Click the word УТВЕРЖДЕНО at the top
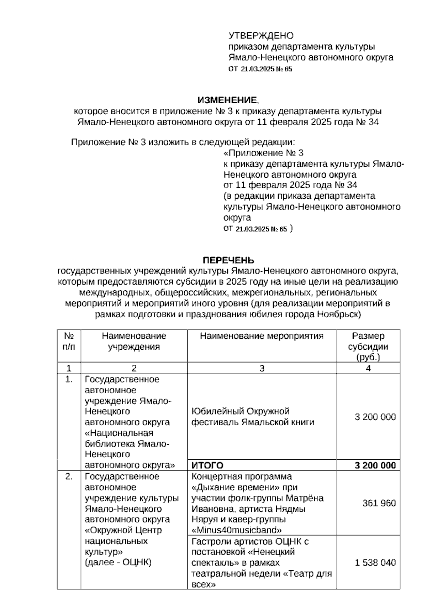coord(261,36)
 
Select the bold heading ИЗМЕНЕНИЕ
coord(227,100)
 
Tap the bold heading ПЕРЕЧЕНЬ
coord(228,260)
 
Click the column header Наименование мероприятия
coord(262,336)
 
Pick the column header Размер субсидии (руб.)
coord(368,346)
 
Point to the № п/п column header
coord(69,341)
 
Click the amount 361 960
coord(379,503)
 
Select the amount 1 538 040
coord(375,562)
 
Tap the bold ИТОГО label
coord(207,465)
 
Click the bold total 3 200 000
coord(375,465)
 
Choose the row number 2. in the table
coord(69,477)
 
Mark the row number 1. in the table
coord(69,380)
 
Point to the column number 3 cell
coord(262,368)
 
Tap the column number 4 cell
coord(368,368)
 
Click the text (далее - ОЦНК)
coord(118,562)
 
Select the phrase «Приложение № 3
coord(263,153)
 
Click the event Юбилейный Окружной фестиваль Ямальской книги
coord(253,417)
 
